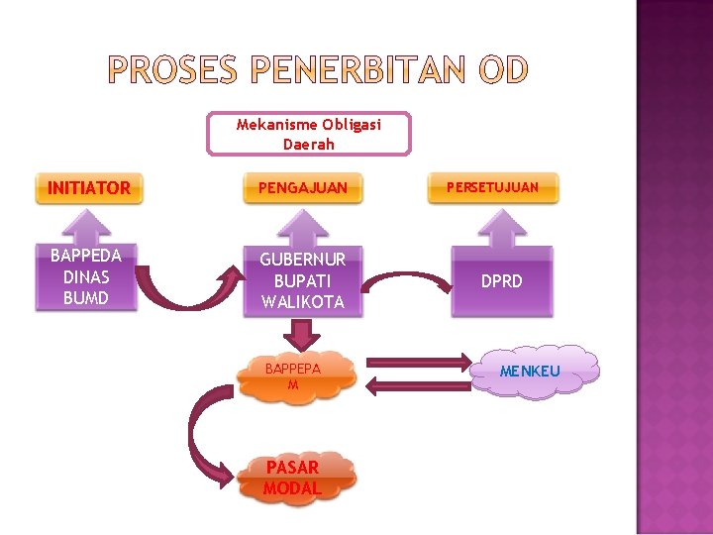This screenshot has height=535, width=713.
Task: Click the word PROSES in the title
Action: tap(171, 70)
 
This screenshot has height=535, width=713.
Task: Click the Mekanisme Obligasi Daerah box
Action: tap(308, 134)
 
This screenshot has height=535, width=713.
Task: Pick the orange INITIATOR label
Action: tap(89, 187)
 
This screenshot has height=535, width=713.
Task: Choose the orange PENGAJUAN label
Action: tap(303, 187)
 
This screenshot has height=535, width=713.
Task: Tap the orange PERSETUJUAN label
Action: tap(492, 186)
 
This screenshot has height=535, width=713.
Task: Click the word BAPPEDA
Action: tap(86, 256)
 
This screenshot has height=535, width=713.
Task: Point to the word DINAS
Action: tap(86, 276)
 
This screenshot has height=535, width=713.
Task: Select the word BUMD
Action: tap(86, 297)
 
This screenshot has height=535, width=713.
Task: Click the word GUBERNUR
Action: tap(303, 260)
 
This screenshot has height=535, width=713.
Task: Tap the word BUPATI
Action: tap(303, 280)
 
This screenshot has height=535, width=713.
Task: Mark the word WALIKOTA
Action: tap(303, 301)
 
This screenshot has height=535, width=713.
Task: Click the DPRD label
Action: tap(501, 281)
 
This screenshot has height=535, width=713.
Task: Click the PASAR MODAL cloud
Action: tap(292, 479)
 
